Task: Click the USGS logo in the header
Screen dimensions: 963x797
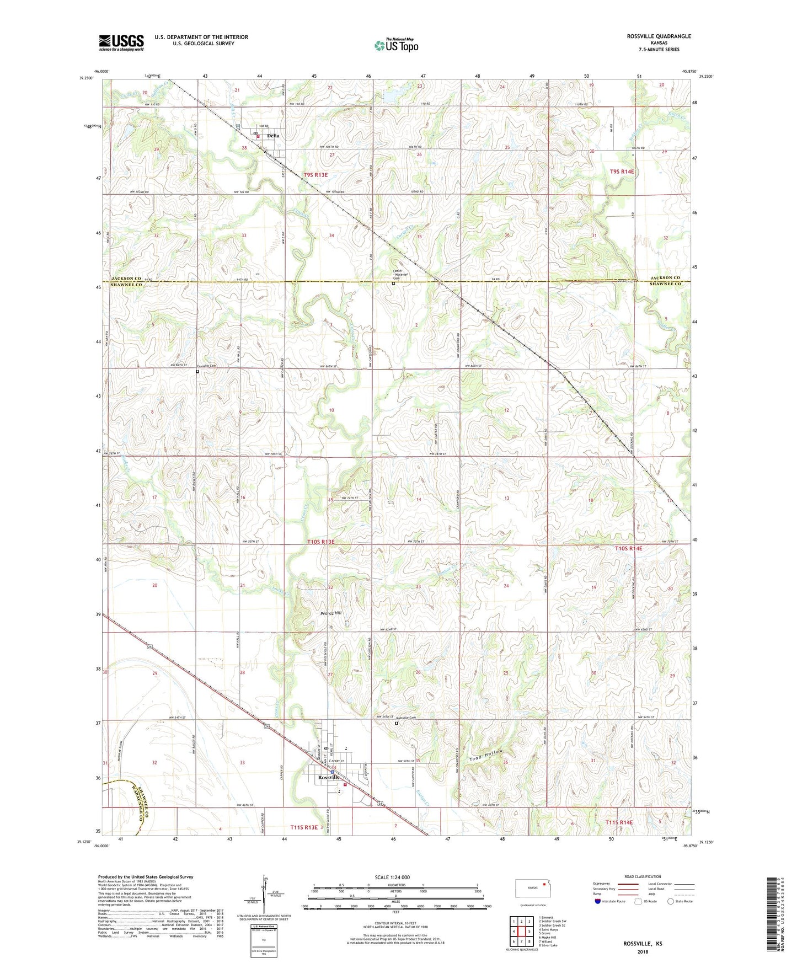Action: click(121, 42)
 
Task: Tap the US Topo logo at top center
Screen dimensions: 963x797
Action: click(395, 45)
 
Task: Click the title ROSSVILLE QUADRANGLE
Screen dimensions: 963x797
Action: click(659, 36)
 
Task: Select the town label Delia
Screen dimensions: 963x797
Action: click(273, 136)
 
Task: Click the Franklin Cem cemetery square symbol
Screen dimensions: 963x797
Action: click(197, 372)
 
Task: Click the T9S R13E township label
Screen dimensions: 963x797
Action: click(315, 175)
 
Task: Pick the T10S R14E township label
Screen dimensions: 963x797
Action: click(628, 548)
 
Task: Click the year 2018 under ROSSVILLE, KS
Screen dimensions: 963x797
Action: click(643, 951)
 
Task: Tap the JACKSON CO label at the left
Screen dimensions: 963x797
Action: click(126, 278)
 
